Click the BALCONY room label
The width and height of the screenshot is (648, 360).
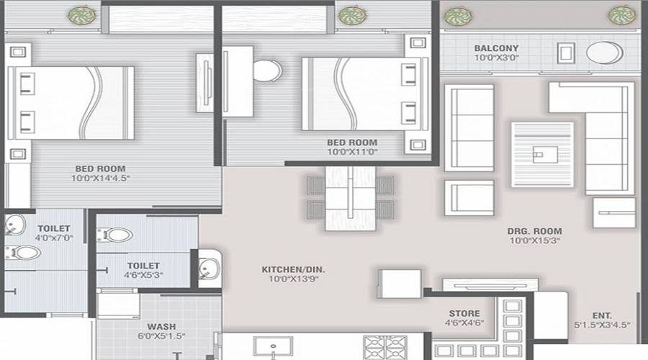pyautogui.click(x=496, y=49)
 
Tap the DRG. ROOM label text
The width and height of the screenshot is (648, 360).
pyautogui.click(x=528, y=231)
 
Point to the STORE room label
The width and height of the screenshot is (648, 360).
pyautogui.click(x=464, y=313)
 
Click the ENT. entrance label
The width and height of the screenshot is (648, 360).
pyautogui.click(x=603, y=315)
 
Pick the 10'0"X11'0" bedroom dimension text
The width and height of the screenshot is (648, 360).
pyautogui.click(x=352, y=153)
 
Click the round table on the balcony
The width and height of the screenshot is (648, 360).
pyautogui.click(x=604, y=53)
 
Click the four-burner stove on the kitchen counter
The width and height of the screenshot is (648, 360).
pyautogui.click(x=385, y=348)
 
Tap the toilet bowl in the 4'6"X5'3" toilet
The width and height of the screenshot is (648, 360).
pyautogui.click(x=119, y=235)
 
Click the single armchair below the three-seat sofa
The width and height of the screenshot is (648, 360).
pyautogui.click(x=468, y=197)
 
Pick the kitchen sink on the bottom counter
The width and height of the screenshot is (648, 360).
pyautogui.click(x=275, y=348)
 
